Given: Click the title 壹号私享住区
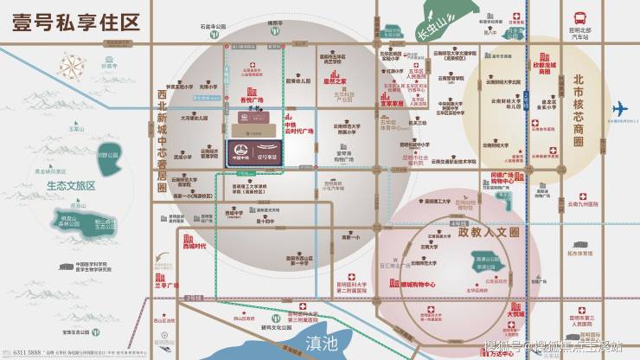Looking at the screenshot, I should click(x=76, y=22).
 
